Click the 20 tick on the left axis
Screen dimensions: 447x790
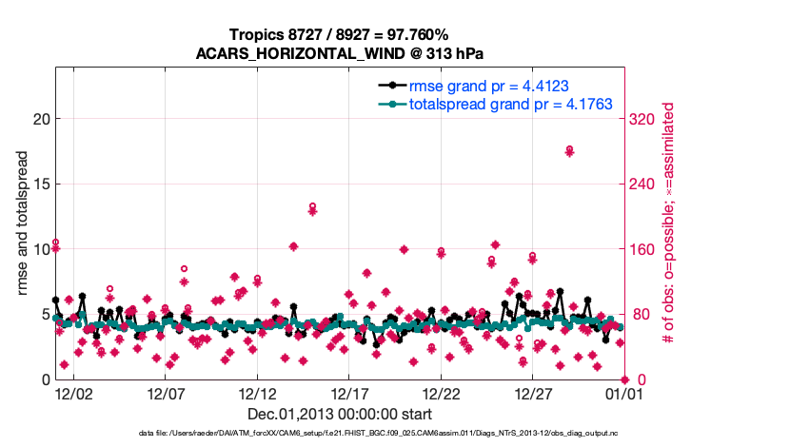(x=39, y=119)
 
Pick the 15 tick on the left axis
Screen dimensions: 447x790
(x=39, y=185)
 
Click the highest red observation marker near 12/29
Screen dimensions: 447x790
(x=569, y=150)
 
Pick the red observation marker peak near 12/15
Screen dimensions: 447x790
(x=312, y=206)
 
